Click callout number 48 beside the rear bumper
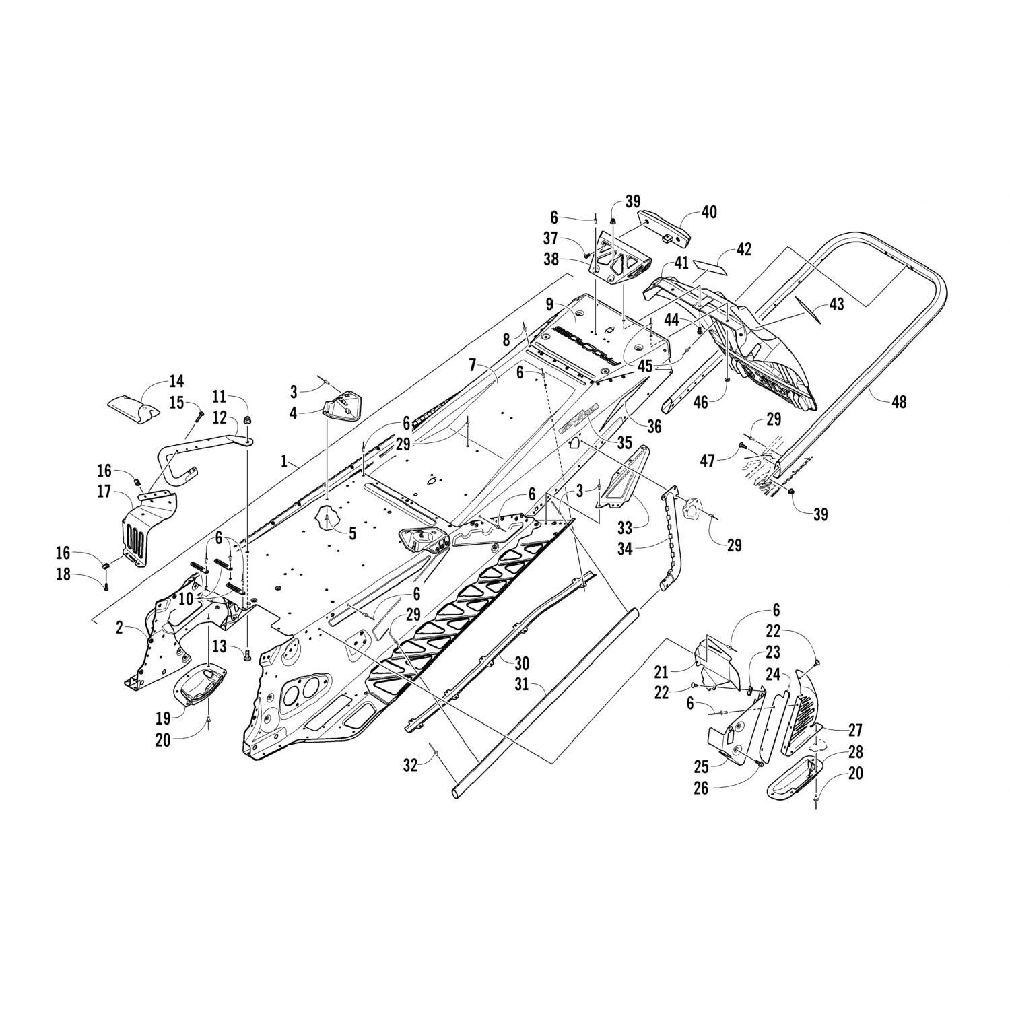click(898, 402)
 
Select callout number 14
click(176, 382)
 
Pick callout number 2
click(119, 628)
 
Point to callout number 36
click(654, 426)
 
